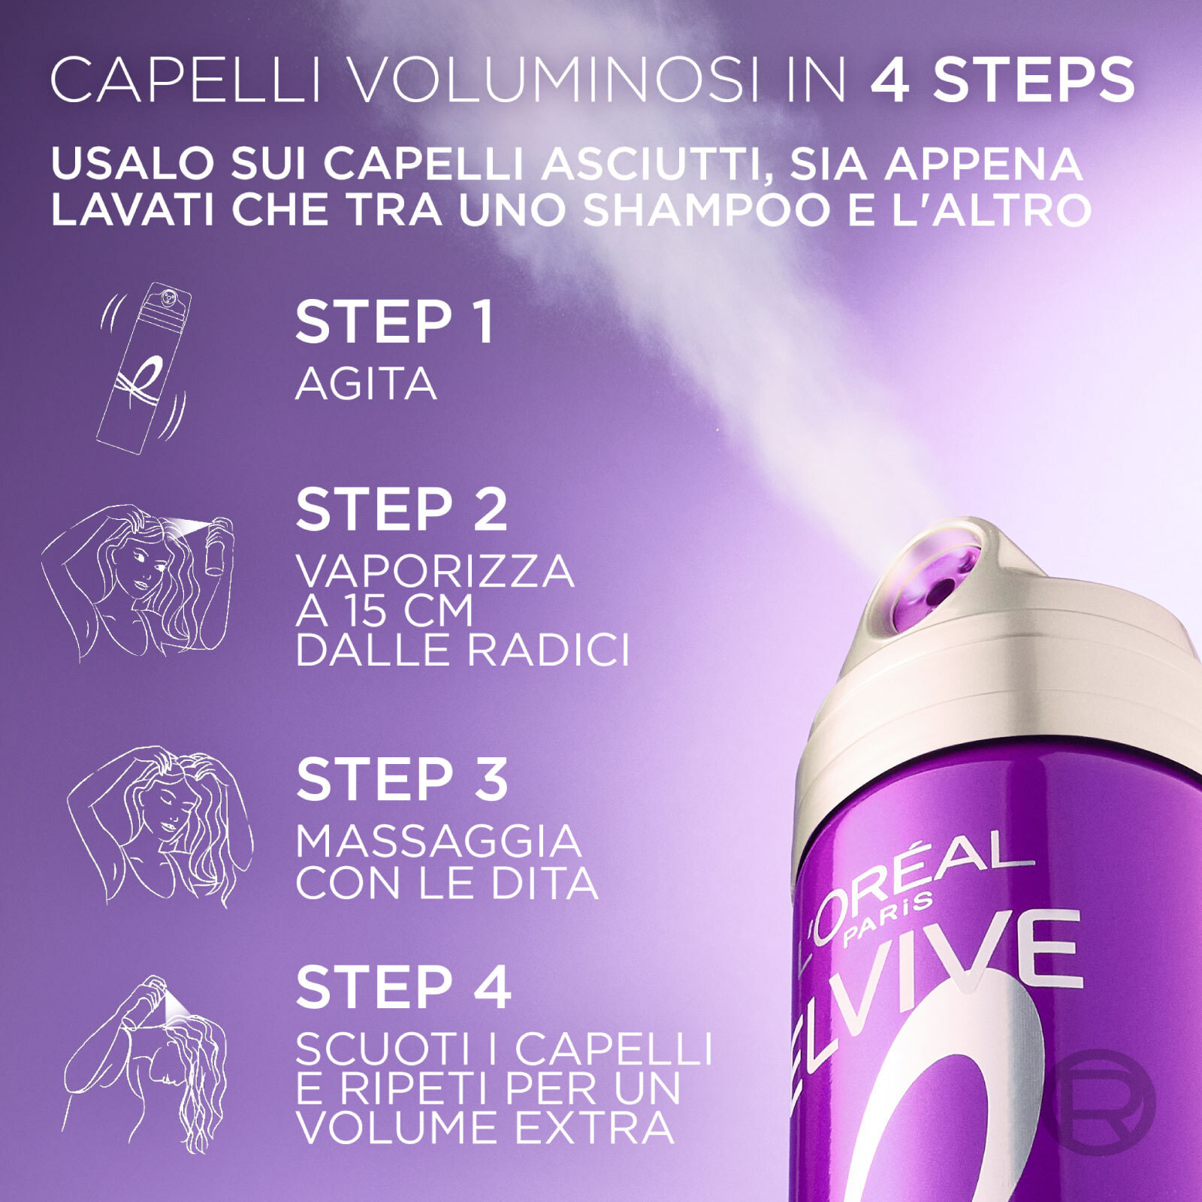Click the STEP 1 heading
394,322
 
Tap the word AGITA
366,384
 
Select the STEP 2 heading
402,510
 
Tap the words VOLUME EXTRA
485,1128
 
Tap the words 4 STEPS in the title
1002,80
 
